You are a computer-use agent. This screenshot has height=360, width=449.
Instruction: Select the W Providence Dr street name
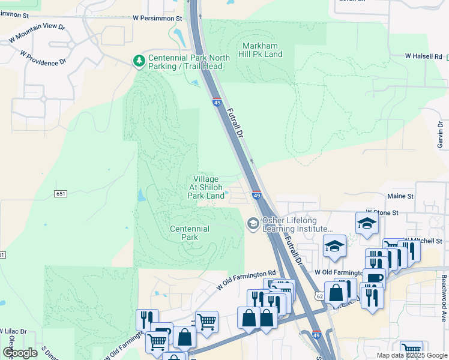tap(43, 58)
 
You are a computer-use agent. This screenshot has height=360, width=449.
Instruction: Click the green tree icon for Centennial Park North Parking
tap(139, 61)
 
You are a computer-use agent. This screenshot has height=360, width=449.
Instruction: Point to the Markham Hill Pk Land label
tap(262, 50)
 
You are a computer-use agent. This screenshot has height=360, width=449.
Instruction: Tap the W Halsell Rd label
tap(423, 56)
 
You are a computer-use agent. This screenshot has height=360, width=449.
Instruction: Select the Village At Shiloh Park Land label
tap(206, 187)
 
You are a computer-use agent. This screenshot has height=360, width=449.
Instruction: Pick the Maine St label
tap(400, 196)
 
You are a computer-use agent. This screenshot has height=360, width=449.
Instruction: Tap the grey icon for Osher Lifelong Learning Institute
tap(253, 224)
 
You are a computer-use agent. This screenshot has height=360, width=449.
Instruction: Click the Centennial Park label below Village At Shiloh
tap(189, 233)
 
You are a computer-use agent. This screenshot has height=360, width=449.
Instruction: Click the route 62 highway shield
tap(319, 296)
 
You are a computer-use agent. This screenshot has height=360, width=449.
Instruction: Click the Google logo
tap(20, 353)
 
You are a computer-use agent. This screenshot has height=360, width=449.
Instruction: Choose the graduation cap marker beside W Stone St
tap(366, 224)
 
